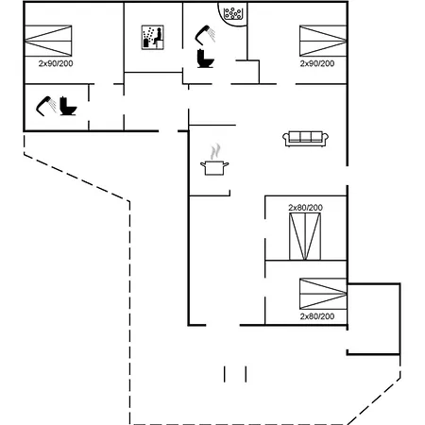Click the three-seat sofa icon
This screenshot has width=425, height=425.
tap(305, 139)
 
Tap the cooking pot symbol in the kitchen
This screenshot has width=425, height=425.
tap(214, 168)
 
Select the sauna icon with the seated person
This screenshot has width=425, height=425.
tap(153, 37)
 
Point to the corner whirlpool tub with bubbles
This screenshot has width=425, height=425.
tap(232, 14)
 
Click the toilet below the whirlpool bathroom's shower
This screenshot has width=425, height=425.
tap(205, 59)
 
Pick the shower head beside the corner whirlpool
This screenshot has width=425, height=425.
tap(205, 35)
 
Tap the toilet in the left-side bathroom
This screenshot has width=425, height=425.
tap(68, 106)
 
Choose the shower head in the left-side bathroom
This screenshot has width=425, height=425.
tap(46, 106)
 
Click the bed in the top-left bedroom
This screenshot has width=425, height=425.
tap(48, 41)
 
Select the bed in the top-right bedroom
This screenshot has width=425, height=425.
tap(323, 41)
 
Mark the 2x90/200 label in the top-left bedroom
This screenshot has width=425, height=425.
tap(56, 63)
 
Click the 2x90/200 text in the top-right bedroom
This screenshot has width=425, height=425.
tap(317, 63)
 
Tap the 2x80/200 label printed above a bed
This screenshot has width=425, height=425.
tap(305, 208)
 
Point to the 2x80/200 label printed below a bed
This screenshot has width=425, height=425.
tap(317, 316)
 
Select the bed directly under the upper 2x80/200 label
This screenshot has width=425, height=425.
tap(305, 236)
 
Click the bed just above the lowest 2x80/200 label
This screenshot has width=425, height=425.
tap(323, 294)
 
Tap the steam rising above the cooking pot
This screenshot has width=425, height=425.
tap(215, 152)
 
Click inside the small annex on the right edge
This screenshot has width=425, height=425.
tap(373, 319)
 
